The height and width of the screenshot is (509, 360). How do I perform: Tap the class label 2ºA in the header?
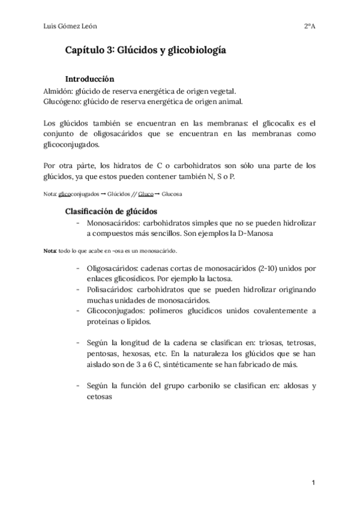pos(310,26)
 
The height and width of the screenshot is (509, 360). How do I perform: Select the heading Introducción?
pos(89,79)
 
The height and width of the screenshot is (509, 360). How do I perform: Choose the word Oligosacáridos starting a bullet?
pos(113,269)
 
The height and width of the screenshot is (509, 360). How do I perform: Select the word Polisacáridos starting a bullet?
pos(110,289)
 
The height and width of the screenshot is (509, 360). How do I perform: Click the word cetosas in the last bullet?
pos(100,396)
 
